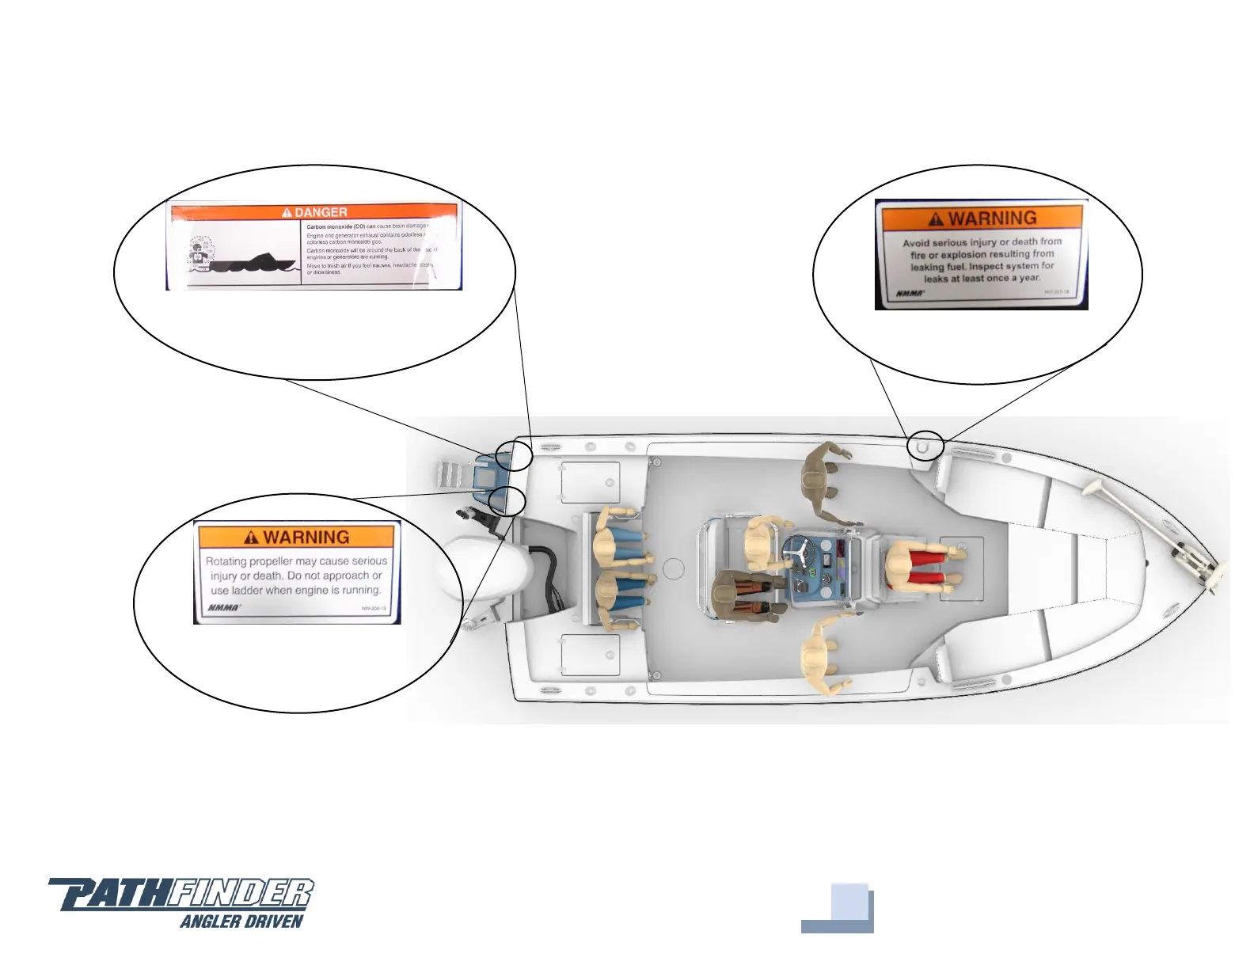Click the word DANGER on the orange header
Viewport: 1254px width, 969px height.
point(321,212)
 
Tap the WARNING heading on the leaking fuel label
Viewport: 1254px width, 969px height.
point(992,218)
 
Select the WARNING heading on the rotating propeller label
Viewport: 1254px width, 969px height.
point(306,538)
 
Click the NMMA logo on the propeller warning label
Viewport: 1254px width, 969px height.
point(224,608)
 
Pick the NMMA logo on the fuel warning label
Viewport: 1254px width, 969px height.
point(910,294)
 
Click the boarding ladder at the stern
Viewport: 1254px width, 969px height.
point(451,476)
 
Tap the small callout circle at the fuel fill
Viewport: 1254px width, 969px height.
point(925,446)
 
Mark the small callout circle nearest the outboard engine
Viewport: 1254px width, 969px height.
point(507,501)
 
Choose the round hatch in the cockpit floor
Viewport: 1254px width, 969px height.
point(673,568)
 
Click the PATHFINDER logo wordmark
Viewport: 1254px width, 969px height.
point(182,894)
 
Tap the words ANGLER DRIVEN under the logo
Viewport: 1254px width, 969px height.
point(241,921)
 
